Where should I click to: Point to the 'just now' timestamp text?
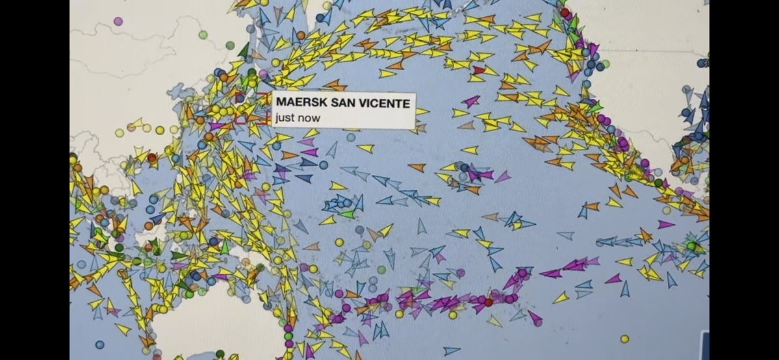pos(298,118)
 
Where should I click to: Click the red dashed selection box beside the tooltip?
pos(251,109)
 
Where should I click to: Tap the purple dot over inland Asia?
pos(118,21)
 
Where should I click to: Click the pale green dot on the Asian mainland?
pos(203,34)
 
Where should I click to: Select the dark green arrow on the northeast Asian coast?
pos(244,51)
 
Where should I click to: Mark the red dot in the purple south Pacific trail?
pos(489,302)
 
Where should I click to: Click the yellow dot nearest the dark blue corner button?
pos(624,339)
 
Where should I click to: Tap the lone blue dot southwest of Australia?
pos(99,344)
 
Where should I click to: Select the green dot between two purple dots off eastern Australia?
pos(288,336)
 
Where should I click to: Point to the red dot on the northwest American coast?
pos(565,12)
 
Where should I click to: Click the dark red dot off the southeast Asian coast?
pos(152,157)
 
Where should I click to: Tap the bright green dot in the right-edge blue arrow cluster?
pos(691,246)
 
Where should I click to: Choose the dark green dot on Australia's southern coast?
pos(220,354)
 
